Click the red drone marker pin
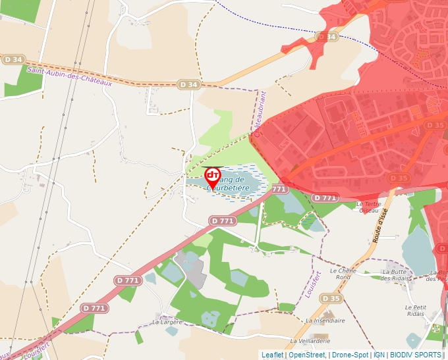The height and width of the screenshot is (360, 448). [x=213, y=176]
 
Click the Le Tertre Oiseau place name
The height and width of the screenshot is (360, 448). [x=369, y=207]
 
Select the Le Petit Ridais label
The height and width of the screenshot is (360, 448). [x=415, y=311]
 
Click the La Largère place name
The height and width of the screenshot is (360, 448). [x=166, y=322]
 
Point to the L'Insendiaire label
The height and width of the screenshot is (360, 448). [x=326, y=321]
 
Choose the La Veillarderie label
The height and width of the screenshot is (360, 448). [x=310, y=342]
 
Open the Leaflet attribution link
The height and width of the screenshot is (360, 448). [x=273, y=355]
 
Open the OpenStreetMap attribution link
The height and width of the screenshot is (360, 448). [x=307, y=355]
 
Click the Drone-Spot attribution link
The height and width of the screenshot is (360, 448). [x=350, y=355]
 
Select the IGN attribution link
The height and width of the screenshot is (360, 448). [x=379, y=355]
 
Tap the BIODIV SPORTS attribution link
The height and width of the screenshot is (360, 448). [x=416, y=355]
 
